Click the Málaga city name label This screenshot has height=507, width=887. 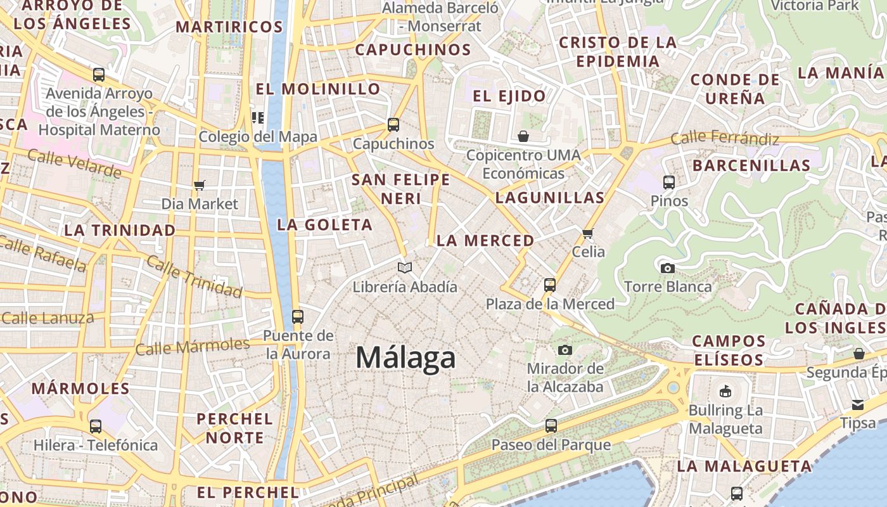pyautogui.click(x=405, y=358)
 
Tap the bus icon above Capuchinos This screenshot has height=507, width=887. pyautogui.click(x=393, y=125)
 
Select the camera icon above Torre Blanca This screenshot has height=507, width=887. pyautogui.click(x=667, y=268)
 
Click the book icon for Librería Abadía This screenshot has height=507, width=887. pyautogui.click(x=405, y=268)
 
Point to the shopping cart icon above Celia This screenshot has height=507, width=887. pyautogui.click(x=588, y=233)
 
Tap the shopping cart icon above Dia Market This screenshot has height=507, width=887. pyautogui.click(x=200, y=185)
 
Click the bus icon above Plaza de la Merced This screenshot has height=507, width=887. pyautogui.click(x=550, y=285)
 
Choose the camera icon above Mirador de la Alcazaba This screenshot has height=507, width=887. pyautogui.click(x=565, y=350)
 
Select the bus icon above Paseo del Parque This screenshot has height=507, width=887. pyautogui.click(x=551, y=426)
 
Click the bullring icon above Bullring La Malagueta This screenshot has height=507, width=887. pyautogui.click(x=725, y=391)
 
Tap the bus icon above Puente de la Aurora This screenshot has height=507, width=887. pyautogui.click(x=298, y=317)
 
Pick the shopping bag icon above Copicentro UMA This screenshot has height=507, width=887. pyautogui.click(x=523, y=136)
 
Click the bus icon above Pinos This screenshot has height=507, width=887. pyautogui.click(x=668, y=183)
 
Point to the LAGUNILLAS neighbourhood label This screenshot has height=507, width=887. pyautogui.click(x=550, y=198)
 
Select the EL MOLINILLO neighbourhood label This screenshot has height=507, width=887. pyautogui.click(x=317, y=89)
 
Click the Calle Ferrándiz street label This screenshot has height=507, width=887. pyautogui.click(x=725, y=138)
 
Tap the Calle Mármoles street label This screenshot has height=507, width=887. pyautogui.click(x=193, y=347)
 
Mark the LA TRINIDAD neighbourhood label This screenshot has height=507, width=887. pyautogui.click(x=120, y=230)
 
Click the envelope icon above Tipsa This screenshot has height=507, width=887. pyautogui.click(x=857, y=404)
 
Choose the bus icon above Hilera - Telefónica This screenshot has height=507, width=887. pyautogui.click(x=96, y=427)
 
